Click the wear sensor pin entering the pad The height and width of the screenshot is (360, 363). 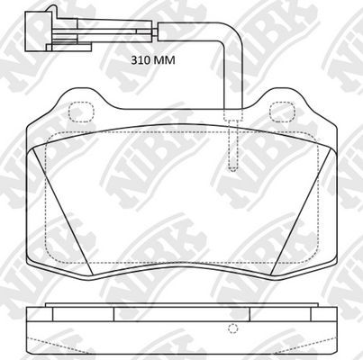click(x=232, y=148)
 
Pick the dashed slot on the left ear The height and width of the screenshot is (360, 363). click(x=82, y=112)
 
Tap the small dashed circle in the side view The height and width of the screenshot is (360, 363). click(x=232, y=328)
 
